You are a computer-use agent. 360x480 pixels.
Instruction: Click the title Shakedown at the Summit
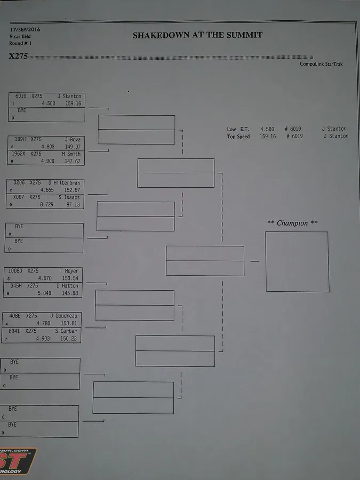(197, 35)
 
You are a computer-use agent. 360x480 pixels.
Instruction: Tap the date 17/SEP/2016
(25, 29)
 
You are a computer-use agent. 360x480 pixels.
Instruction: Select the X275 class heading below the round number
(18, 55)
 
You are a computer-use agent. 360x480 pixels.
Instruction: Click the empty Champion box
(297, 261)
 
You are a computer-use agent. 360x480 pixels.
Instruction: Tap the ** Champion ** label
(292, 223)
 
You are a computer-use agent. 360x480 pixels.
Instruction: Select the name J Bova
(73, 139)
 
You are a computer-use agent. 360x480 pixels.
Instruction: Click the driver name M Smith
(71, 154)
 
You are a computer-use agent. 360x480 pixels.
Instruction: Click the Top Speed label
(238, 137)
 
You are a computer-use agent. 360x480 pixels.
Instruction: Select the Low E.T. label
(238, 129)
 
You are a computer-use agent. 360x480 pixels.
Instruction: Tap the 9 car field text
(20, 36)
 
